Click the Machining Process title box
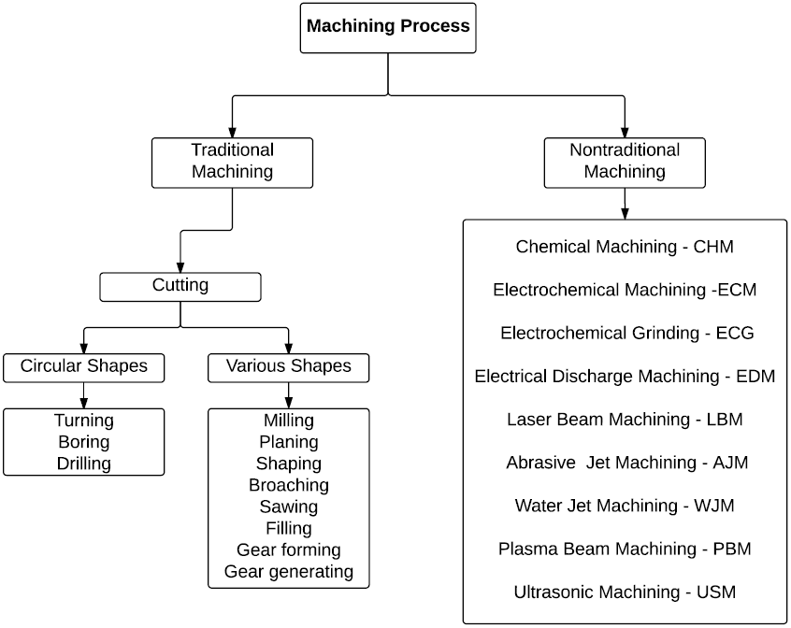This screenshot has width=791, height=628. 388,26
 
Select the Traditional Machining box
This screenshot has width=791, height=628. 232,161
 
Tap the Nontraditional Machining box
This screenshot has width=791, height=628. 625,161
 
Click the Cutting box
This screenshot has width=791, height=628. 180,286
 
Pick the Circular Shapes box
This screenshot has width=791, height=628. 84,366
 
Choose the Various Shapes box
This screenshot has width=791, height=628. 288,366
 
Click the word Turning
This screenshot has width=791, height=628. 84,421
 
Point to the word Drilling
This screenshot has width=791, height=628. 84,463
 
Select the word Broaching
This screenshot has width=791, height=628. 289,485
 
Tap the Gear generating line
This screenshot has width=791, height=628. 289,571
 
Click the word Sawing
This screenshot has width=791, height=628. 289,507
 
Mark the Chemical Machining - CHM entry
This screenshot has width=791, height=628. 625,247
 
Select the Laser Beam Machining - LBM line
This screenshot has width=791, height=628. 625,419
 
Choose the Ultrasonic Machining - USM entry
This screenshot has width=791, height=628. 625,592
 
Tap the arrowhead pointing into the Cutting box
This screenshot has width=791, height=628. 180,266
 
